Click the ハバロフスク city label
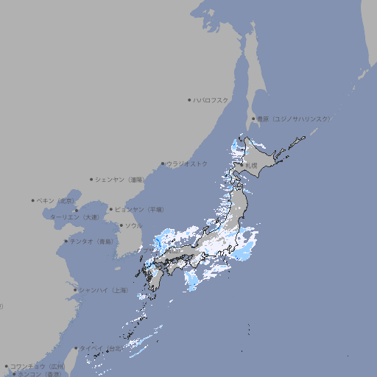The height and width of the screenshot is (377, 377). (x=211, y=99)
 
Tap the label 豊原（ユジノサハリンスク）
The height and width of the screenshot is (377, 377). (x=293, y=119)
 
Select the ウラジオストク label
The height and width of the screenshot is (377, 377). (x=187, y=163)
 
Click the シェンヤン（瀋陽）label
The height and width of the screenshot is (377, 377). (x=120, y=179)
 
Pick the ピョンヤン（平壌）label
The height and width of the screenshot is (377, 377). (x=139, y=209)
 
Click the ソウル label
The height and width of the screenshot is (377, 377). (x=133, y=225)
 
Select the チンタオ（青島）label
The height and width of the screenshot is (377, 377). (x=91, y=241)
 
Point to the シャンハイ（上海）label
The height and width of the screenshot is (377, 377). (x=103, y=290)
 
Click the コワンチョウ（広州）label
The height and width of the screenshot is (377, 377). (x=37, y=366)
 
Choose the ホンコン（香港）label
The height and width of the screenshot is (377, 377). (x=40, y=374)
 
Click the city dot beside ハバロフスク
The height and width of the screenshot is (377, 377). (x=189, y=99)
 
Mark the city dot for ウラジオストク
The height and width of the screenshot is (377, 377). (x=163, y=163)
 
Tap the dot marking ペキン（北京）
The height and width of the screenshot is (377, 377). (x=33, y=200)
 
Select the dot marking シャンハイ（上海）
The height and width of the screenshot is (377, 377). (x=75, y=290)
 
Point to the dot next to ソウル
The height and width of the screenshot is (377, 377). (x=121, y=225)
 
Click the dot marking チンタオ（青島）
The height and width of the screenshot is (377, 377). (x=66, y=241)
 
